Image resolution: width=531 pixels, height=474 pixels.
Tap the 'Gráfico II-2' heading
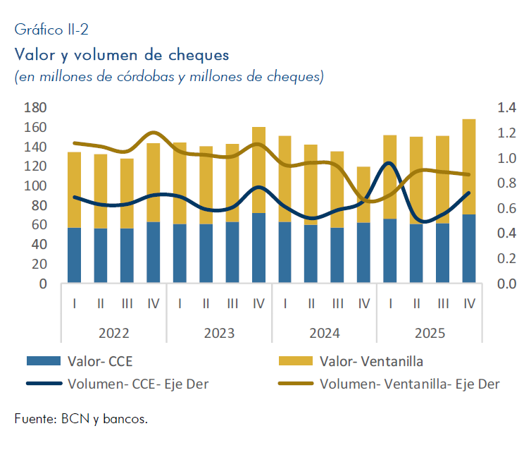pos(51,30)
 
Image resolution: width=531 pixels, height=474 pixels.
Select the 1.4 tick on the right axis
pos(507,108)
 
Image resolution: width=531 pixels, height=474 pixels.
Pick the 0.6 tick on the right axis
pos(507,209)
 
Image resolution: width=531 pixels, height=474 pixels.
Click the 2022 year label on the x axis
pos(113,333)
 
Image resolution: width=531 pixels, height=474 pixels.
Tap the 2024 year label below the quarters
pos(324,333)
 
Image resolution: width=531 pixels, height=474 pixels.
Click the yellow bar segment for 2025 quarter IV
pos(469,166)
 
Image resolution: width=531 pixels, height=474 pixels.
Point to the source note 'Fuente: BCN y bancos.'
pos(81,419)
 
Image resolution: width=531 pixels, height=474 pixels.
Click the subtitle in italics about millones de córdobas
pos(169,77)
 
